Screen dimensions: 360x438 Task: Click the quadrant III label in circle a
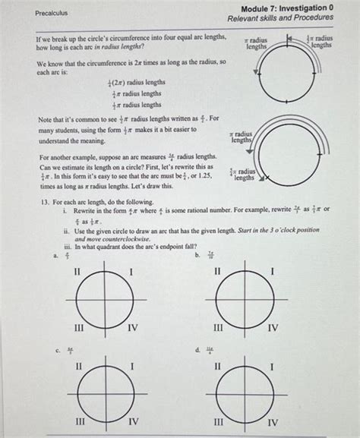click(77, 328)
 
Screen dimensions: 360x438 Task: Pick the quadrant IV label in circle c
click(132, 422)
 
